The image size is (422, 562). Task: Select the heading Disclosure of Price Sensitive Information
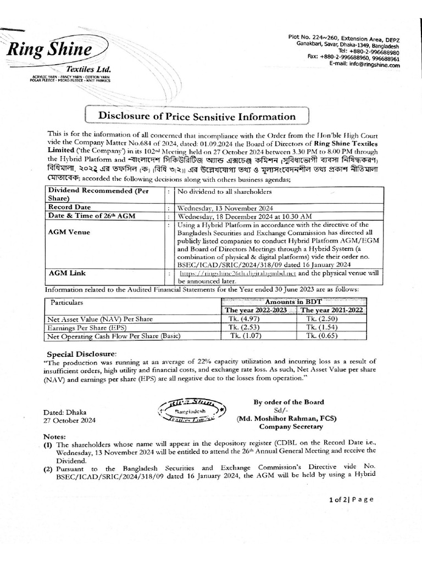tap(196, 116)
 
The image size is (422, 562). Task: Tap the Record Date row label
tap(70, 207)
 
